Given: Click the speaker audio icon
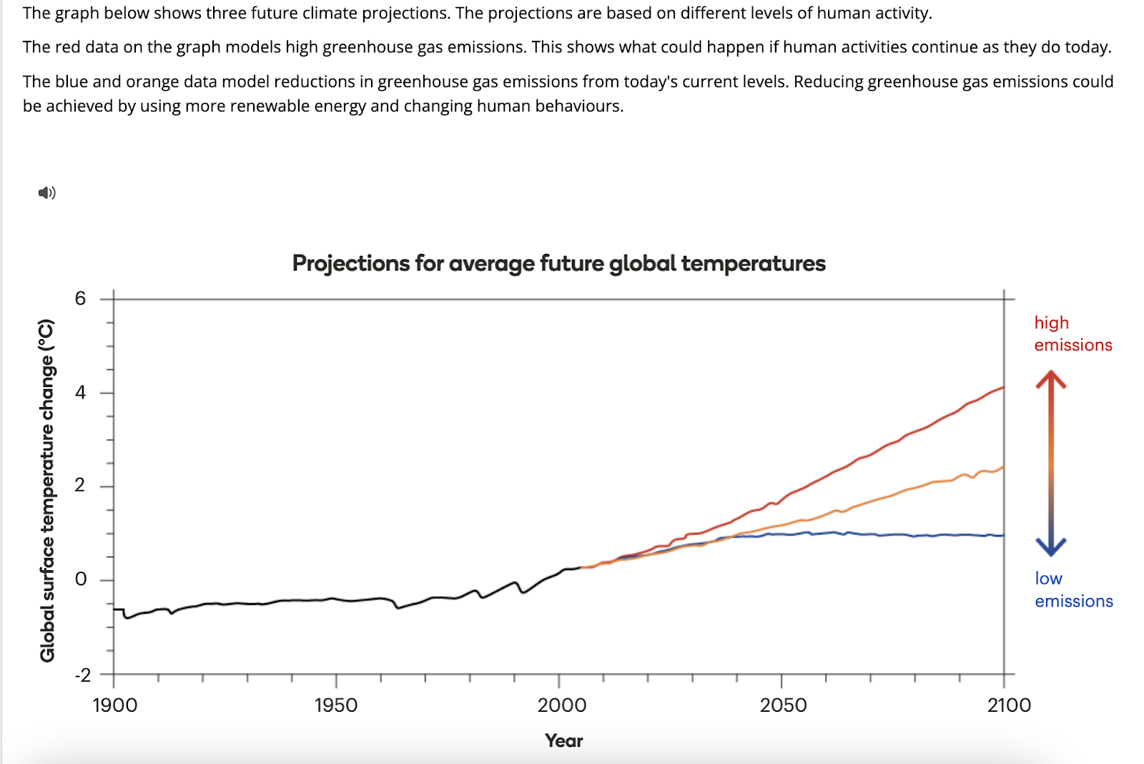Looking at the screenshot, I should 46,192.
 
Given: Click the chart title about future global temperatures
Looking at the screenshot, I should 558,263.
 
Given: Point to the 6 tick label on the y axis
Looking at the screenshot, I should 80,298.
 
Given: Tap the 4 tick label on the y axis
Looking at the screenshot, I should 80,392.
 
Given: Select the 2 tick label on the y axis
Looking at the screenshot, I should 80,485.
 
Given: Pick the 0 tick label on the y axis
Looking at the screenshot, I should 80,579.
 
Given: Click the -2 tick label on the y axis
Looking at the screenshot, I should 83,675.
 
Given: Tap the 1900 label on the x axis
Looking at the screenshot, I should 114,705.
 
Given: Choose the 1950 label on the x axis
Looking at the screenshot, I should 335,705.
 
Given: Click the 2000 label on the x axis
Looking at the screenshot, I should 561,705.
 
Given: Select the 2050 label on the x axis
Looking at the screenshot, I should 783,705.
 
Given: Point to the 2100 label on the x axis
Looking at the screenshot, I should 1009,705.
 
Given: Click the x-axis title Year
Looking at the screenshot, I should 563,740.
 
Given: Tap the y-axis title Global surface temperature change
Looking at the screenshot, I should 47,491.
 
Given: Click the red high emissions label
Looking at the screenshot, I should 1072,333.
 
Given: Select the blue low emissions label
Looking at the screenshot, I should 1073,589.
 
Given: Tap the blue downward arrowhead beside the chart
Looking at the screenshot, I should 1051,547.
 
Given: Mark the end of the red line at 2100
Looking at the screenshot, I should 1004,387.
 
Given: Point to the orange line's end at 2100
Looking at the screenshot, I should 1004,467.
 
